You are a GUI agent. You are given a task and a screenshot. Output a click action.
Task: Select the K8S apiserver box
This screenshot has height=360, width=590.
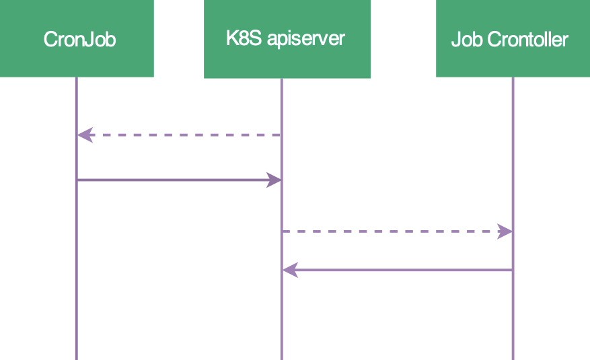(x=287, y=38)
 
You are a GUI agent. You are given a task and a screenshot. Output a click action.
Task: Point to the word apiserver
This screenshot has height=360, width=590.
(x=306, y=38)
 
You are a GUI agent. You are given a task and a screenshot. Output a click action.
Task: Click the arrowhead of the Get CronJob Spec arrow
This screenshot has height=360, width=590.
(x=83, y=135)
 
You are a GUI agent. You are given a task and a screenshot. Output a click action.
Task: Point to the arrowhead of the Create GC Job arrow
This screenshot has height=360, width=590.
(x=274, y=180)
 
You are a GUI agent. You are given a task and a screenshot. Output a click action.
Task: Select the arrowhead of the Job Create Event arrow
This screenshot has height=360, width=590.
(x=505, y=231)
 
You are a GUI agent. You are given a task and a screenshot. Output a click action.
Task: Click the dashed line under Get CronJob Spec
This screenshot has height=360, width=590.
(x=182, y=135)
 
